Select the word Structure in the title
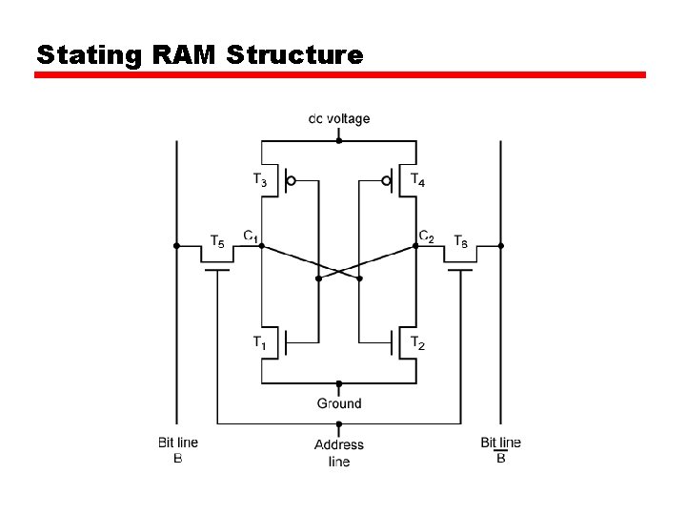(x=294, y=54)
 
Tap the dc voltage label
(x=339, y=119)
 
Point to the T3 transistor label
(x=260, y=179)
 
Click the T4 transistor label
(x=418, y=179)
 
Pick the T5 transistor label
(x=217, y=241)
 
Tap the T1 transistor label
(x=260, y=342)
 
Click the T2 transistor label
(x=418, y=342)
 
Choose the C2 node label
(x=427, y=236)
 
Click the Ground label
(x=339, y=403)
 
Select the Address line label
(x=339, y=453)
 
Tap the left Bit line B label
(x=178, y=449)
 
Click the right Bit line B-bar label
(x=501, y=449)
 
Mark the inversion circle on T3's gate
(x=292, y=179)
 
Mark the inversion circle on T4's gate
(x=387, y=179)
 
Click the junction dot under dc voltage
(x=339, y=140)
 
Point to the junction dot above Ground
(x=339, y=383)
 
